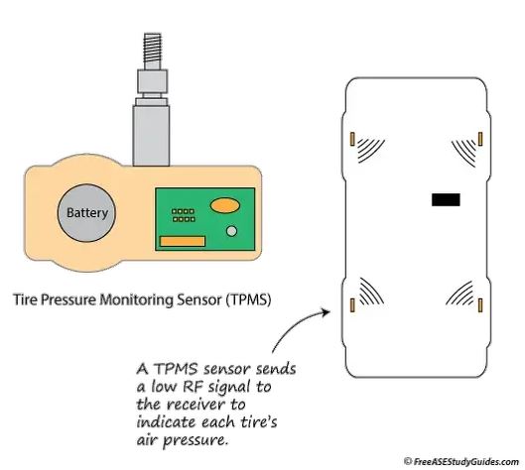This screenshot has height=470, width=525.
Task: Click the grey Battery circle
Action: pos(86,213)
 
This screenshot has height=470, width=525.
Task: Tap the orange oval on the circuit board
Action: pos(225,205)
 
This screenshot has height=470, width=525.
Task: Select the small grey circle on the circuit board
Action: pos(231,231)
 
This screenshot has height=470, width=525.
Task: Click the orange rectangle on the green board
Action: pos(183,241)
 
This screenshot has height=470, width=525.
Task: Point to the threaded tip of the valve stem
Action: pos(153,48)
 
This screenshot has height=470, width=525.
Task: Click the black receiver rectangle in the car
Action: pos(446,199)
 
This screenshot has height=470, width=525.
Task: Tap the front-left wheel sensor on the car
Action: pos(352,139)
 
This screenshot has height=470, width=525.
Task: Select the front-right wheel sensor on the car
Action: pos(480,139)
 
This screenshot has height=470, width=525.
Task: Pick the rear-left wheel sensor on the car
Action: pos(352,305)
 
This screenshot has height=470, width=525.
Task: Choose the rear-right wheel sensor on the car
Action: pos(480,305)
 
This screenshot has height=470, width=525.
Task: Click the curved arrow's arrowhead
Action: pos(326,312)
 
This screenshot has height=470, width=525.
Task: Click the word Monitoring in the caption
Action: pos(137,299)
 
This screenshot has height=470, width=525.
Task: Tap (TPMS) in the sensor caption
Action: pos(247,299)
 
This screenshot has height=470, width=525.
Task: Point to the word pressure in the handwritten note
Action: pos(196,440)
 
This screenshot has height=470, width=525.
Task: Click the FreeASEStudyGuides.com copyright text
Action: pos(461,462)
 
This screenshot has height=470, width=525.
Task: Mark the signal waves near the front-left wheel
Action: pos(371,151)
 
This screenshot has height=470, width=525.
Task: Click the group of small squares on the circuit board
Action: pos(183,215)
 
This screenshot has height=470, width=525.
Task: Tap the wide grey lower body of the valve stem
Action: pos(151,136)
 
